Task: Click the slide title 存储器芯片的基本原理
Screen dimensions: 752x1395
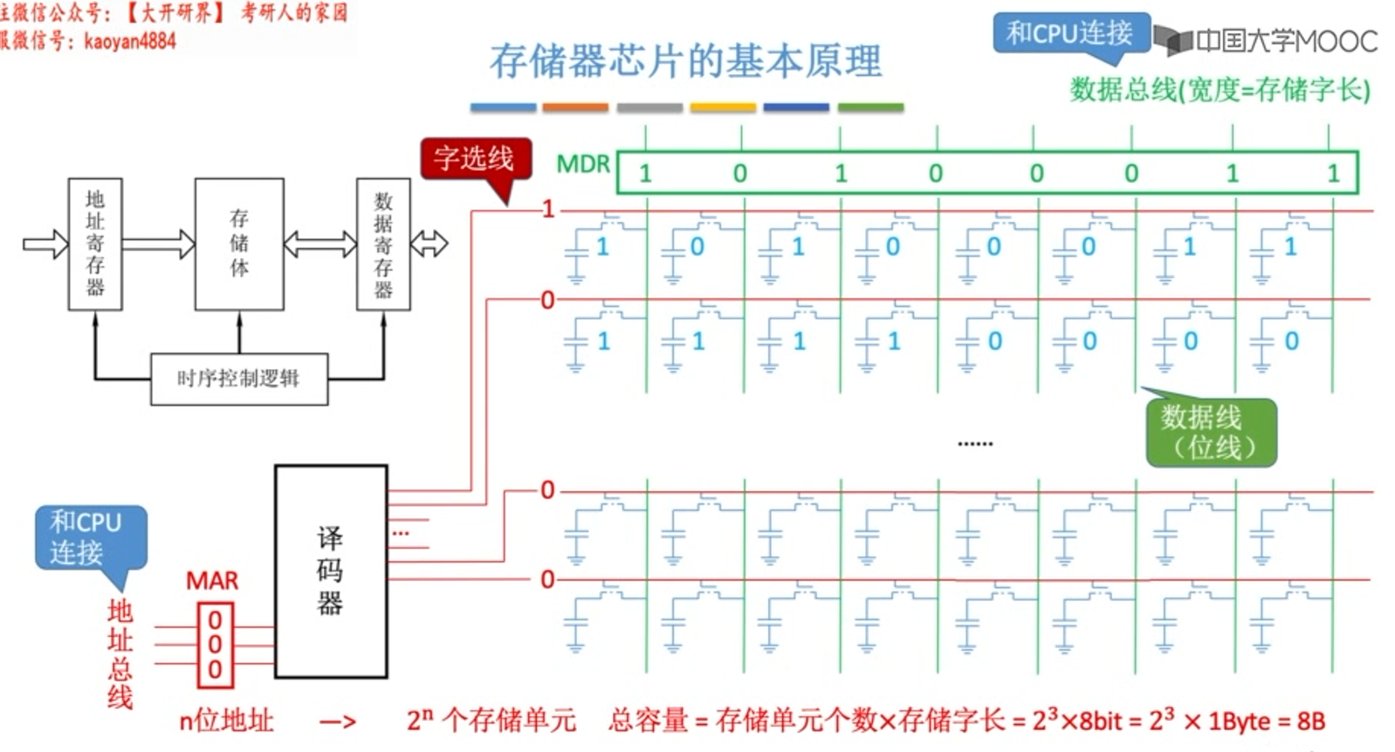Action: [685, 61]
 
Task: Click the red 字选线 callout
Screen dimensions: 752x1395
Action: [475, 159]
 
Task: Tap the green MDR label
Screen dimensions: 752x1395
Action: [582, 164]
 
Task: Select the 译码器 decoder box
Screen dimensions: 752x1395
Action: [331, 571]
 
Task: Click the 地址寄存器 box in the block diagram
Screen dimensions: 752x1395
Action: [95, 244]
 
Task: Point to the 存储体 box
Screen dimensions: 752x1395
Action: [239, 244]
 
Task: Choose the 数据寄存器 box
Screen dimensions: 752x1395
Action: [383, 244]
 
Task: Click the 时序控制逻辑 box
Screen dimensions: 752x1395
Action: [239, 379]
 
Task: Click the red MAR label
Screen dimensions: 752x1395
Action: [212, 581]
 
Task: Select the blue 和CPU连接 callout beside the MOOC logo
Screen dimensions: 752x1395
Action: [1070, 34]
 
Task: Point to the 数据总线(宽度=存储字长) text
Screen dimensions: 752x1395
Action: [1220, 89]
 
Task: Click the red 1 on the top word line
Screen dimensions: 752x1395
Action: [548, 209]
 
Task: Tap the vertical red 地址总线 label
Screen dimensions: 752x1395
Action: [120, 654]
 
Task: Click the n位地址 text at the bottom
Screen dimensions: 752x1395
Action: [226, 721]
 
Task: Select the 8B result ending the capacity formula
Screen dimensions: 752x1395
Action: [1310, 721]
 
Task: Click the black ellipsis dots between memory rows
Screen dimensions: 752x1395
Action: [975, 444]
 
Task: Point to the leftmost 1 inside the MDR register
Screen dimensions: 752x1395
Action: [645, 174]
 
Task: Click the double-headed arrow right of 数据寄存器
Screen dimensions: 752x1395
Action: [429, 243]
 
